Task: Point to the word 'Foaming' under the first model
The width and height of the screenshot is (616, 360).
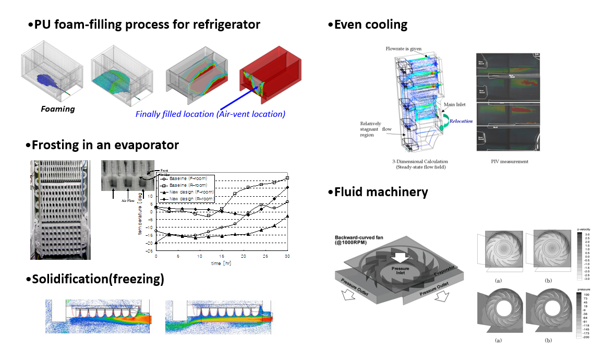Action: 58,109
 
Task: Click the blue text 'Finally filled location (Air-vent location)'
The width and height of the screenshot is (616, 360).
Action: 210,114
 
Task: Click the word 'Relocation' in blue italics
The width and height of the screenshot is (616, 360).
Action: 462,121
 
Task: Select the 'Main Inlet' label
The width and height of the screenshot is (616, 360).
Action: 454,104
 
